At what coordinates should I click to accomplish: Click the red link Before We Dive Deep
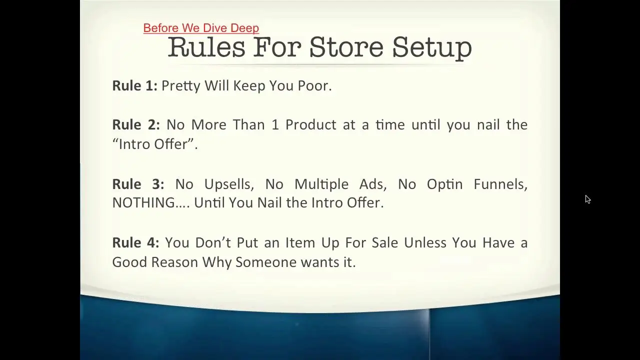point(201,28)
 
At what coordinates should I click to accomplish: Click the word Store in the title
point(346,47)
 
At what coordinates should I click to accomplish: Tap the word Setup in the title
point(432,48)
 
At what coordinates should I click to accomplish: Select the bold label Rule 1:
point(135,85)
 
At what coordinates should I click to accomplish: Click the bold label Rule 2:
point(136,124)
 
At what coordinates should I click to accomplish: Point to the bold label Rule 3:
point(138,184)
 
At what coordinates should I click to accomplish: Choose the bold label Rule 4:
point(135,242)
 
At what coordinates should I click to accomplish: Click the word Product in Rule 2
point(311,125)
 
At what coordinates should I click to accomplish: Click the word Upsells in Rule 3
point(229,184)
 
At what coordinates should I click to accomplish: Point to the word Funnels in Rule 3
point(500,184)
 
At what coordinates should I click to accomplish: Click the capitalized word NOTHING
point(143,203)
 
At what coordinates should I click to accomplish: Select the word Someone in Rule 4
point(266,262)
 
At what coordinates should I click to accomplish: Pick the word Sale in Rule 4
point(385,243)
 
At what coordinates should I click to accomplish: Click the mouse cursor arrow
point(587,199)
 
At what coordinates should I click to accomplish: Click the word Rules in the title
point(206,47)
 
